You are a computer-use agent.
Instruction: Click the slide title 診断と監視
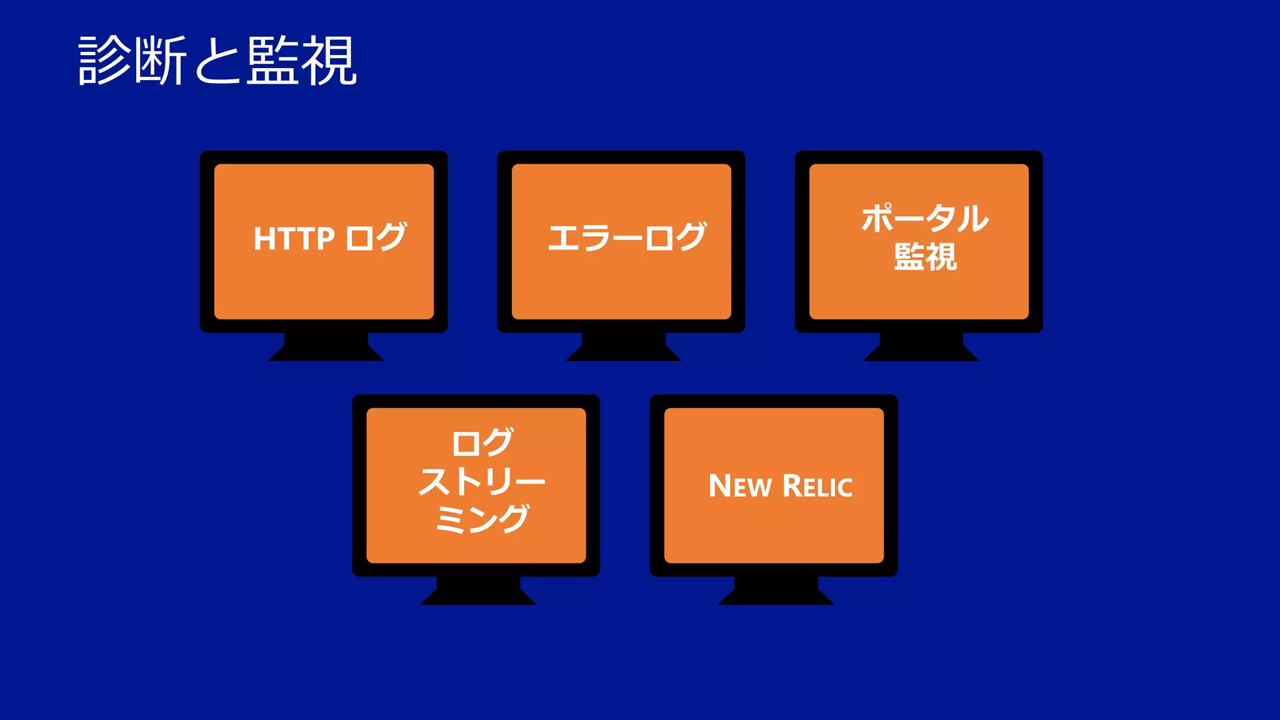[x=217, y=61]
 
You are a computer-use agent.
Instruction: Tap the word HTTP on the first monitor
[x=294, y=239]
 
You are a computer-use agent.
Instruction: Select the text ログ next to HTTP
[x=376, y=237]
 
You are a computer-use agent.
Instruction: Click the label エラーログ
[x=627, y=237]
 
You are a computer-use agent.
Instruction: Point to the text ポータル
[x=924, y=218]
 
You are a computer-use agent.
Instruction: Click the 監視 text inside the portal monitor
[x=925, y=257]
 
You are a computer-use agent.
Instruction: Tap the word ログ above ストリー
[x=482, y=442]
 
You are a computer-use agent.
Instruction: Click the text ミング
[x=482, y=519]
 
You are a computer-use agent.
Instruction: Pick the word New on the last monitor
[x=740, y=486]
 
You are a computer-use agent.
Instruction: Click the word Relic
[x=817, y=486]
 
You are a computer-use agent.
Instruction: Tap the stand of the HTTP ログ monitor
[x=326, y=347]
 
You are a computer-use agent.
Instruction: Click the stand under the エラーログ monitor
[x=623, y=347]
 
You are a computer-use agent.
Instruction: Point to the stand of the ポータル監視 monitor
[x=921, y=347]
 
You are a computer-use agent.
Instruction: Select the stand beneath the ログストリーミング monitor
[x=478, y=591]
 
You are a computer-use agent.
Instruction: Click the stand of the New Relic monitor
[x=776, y=591]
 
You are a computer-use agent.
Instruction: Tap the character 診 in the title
[x=105, y=61]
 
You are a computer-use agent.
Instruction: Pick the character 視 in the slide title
[x=329, y=61]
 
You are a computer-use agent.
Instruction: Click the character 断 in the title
[x=161, y=61]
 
